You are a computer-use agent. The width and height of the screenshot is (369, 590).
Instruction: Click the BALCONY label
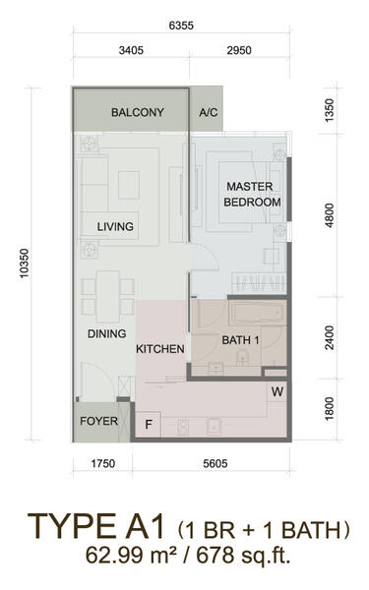tap(138, 112)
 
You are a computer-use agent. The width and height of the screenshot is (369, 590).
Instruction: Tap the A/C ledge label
tap(209, 112)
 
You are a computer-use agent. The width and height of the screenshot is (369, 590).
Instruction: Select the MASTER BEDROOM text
tap(252, 194)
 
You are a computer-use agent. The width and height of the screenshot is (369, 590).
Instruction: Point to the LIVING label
tap(115, 226)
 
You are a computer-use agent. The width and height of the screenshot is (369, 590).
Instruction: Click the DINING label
tap(106, 333)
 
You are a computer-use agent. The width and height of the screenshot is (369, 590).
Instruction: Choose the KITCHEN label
tap(160, 349)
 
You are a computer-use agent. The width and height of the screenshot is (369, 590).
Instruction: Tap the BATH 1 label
tap(240, 340)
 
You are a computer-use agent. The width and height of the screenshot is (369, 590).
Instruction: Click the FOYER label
tap(98, 421)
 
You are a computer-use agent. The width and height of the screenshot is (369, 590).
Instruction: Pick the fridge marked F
tap(148, 425)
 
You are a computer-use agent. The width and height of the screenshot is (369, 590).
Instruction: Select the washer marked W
tap(277, 391)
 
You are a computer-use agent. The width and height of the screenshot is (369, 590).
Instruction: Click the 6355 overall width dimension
tap(181, 26)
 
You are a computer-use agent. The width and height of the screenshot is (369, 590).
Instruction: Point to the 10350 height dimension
tap(25, 264)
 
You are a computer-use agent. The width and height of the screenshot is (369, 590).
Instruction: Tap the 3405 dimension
tap(131, 50)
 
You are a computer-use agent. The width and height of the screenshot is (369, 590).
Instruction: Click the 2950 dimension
tap(239, 50)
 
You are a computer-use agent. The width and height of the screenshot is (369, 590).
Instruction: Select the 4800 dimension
tap(329, 215)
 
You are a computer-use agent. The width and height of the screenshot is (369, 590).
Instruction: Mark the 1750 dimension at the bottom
tap(102, 463)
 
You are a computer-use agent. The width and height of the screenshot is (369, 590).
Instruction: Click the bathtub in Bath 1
tap(257, 312)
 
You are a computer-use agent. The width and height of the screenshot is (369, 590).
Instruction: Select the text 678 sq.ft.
tap(243, 555)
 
